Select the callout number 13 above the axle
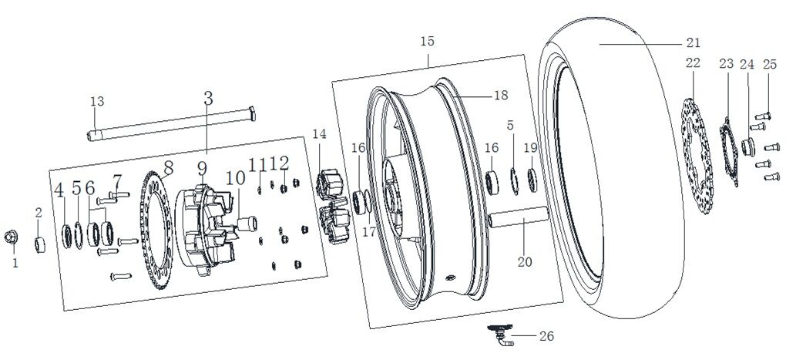[x=97, y=102]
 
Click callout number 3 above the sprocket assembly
[x=208, y=98]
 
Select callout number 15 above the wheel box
[x=428, y=41]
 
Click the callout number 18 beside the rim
[x=501, y=96]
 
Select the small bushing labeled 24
[x=746, y=146]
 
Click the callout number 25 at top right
[x=769, y=65]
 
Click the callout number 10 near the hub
[x=235, y=178]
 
